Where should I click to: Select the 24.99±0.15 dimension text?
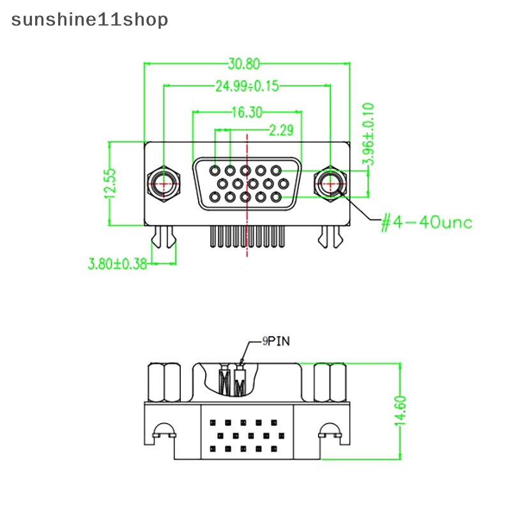(247, 86)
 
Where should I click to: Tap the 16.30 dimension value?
(247, 113)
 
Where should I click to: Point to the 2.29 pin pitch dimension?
(280, 131)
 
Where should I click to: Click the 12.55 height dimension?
(111, 184)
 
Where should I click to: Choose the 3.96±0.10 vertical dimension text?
(369, 136)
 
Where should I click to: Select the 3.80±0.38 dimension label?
(117, 263)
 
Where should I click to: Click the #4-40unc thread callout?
(426, 222)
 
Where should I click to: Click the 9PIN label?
(276, 341)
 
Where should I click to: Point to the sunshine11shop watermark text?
(90, 20)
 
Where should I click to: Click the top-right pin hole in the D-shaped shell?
(276, 171)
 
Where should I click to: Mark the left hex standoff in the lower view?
(164, 382)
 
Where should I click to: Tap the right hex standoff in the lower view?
(330, 382)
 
